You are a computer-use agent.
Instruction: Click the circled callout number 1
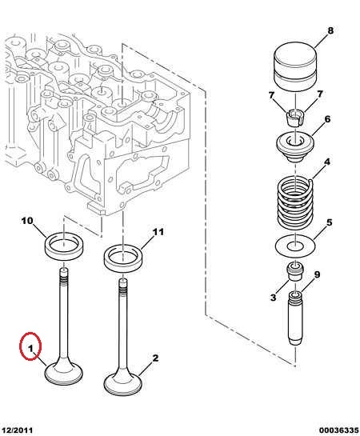[x=30, y=348]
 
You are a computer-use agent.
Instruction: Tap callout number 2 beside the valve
[x=155, y=358]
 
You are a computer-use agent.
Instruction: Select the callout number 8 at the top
[x=330, y=30]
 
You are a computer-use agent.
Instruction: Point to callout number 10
[x=27, y=221]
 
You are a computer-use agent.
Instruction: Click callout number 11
[x=158, y=232]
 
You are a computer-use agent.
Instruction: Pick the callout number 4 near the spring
[x=327, y=162]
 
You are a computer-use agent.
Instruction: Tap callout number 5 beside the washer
[x=329, y=222]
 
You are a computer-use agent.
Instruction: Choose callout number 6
[x=327, y=119]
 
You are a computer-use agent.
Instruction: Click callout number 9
[x=317, y=274]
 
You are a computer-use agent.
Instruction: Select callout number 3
[x=274, y=298]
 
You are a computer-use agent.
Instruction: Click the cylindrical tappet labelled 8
[x=295, y=67]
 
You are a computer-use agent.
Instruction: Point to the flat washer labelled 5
[x=295, y=246]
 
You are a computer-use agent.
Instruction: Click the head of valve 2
[x=123, y=385]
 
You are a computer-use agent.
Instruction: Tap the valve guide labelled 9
[x=295, y=318]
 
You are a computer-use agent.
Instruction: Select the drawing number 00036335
[x=338, y=430]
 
